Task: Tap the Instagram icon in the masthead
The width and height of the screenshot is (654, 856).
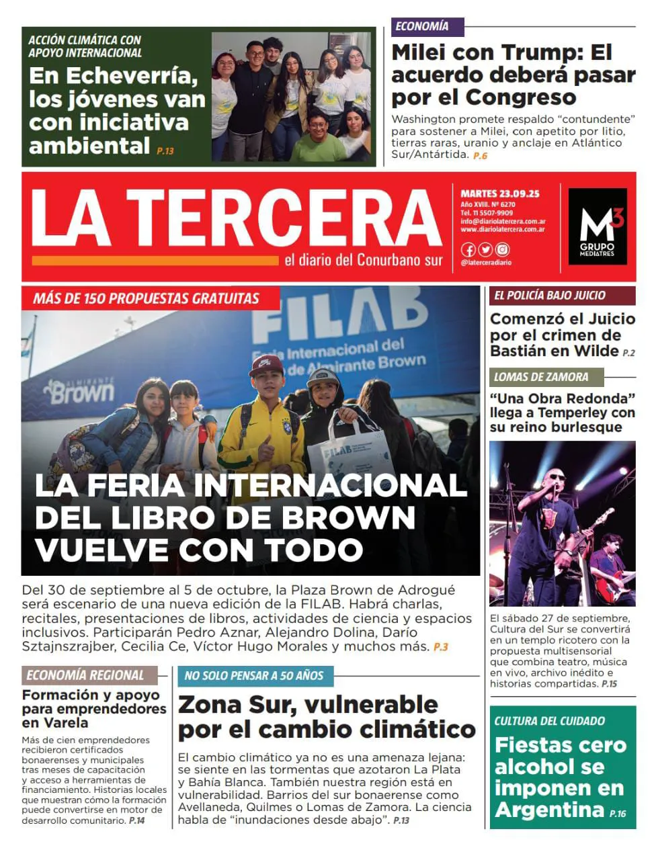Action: click(x=502, y=250)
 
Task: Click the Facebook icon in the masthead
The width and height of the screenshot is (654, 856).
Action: click(x=468, y=250)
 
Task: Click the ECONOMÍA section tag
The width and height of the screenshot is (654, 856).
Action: click(x=421, y=27)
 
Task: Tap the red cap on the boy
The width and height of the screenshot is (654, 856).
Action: click(x=265, y=366)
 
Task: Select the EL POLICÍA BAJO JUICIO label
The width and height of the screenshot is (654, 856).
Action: click(x=549, y=295)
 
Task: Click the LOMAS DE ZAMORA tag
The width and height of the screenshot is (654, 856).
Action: click(x=540, y=377)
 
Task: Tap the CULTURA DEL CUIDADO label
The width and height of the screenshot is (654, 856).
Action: click(x=549, y=721)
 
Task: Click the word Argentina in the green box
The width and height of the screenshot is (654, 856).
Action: click(x=549, y=810)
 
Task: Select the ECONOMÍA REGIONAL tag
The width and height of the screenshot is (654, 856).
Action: click(x=85, y=675)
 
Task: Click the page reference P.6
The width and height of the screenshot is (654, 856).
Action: click(x=480, y=156)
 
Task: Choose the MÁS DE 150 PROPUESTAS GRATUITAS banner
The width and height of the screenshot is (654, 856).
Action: click(x=146, y=298)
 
